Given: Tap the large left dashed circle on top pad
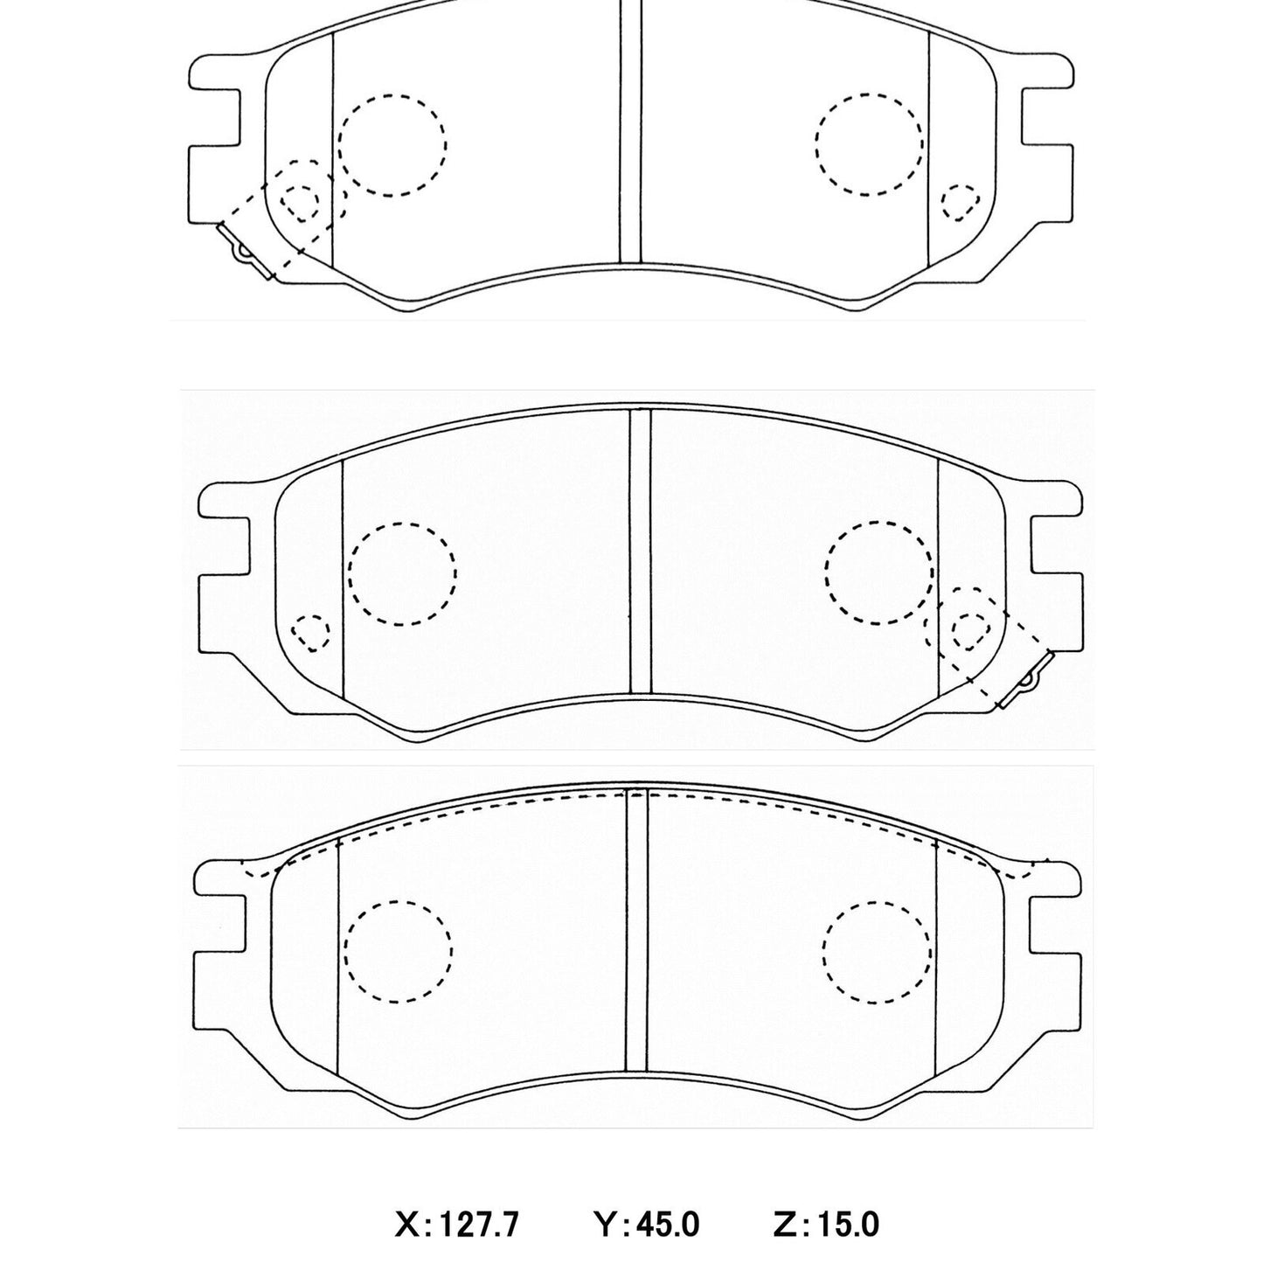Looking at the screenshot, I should pos(392,144).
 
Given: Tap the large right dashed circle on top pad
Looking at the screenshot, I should pos(868,143).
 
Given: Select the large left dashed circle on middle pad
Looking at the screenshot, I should pos(402,573).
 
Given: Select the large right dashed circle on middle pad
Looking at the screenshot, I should pos(878,573).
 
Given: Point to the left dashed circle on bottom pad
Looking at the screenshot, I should pos(399,951).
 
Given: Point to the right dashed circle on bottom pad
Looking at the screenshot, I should pos(877,951).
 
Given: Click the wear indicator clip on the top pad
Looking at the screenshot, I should pos(244,253).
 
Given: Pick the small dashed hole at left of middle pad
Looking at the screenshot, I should pos(310,631).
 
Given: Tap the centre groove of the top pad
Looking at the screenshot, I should pos(630,131).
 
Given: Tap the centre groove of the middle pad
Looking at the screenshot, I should pos(641,551).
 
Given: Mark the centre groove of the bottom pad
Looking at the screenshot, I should pos(636,931).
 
